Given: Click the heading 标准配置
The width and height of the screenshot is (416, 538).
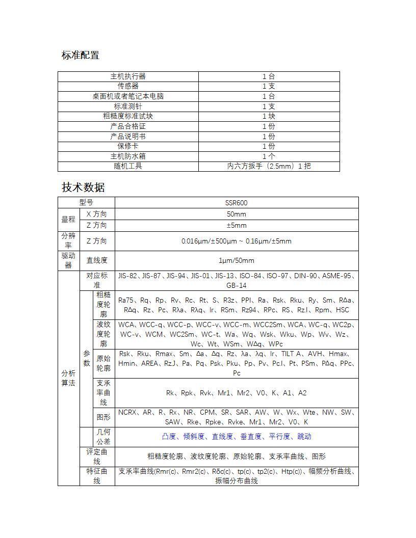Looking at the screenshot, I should pos(81,55).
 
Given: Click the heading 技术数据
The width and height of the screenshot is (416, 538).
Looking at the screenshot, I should pos(83,187).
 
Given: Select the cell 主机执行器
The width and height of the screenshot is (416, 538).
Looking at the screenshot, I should pos(128,76).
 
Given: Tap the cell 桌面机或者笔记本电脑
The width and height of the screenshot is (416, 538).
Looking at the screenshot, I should pos(128,96).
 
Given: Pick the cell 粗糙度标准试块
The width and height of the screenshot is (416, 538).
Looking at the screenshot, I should pos(128,116).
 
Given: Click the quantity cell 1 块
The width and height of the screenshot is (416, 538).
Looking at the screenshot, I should pos(269,116).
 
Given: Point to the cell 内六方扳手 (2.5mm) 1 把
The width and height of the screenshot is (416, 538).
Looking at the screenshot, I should pos(269,166).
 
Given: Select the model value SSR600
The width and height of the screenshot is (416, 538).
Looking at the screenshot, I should pos(237,203).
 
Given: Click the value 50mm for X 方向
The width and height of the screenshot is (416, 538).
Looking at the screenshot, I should pos(237,214).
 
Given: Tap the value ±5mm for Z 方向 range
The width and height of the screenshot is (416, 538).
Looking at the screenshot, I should pos(237,225).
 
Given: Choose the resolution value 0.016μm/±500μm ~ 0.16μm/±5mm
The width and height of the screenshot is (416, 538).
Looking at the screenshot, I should pos(237,241).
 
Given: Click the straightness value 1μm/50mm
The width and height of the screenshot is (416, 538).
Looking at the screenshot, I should pos(237,260).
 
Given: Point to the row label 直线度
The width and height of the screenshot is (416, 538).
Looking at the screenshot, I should pos(97,260).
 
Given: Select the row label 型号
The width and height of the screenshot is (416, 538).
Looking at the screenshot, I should pos(86,203).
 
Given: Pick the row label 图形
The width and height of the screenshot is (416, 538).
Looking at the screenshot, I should pos(103,417).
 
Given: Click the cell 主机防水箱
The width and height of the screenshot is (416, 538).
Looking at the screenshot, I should pos(128,156).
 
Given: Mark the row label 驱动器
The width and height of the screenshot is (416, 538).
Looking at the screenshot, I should pos(68,260).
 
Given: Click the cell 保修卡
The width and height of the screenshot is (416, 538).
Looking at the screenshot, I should pos(128,146).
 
